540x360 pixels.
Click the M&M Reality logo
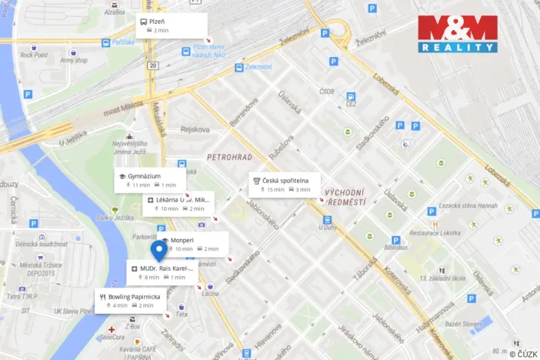click(x=457, y=34)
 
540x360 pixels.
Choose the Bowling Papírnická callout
click(x=131, y=300)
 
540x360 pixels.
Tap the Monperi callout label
click(x=192, y=244)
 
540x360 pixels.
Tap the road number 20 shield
click(x=154, y=65)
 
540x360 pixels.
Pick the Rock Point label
click(x=35, y=55)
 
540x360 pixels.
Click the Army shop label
click(x=73, y=60)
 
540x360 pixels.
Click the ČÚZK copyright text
click(x=523, y=353)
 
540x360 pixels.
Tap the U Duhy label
click(x=328, y=227)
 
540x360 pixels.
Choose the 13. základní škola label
click(x=445, y=278)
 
